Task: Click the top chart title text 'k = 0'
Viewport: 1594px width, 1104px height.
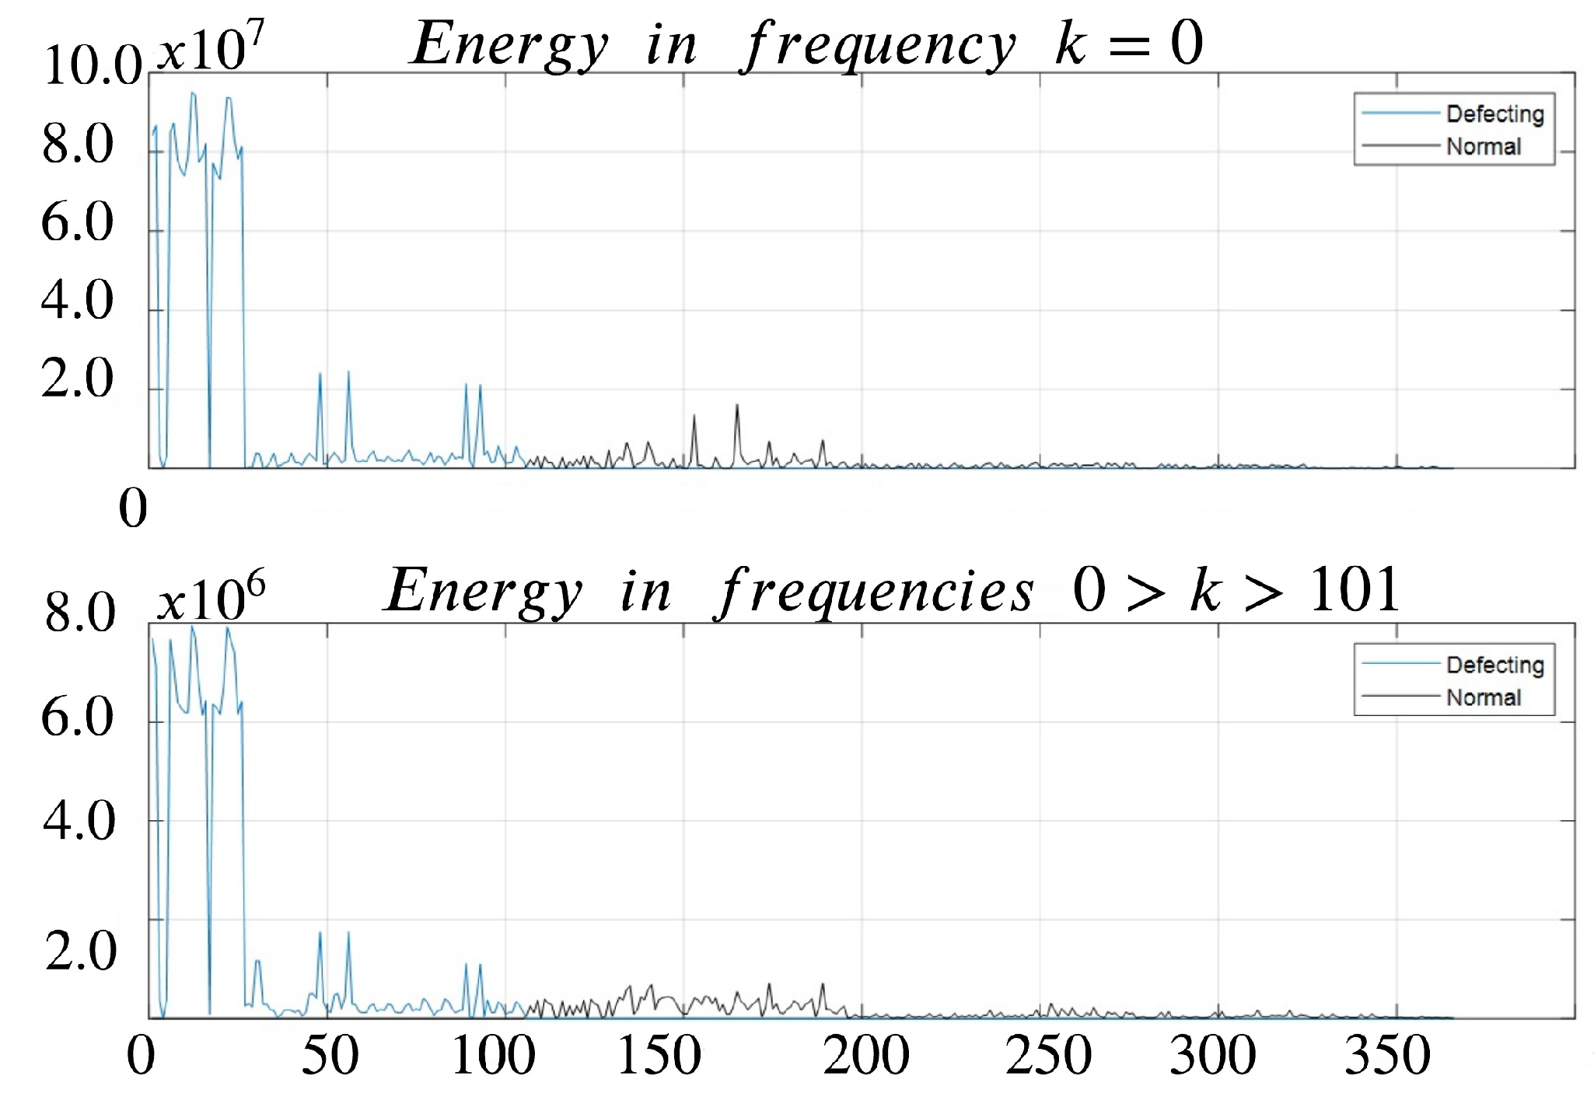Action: [1128, 44]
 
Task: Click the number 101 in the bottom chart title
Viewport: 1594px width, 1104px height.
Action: [1355, 590]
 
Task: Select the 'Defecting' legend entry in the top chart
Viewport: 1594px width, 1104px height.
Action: [1494, 114]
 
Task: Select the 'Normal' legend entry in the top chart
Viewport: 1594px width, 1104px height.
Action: [1483, 147]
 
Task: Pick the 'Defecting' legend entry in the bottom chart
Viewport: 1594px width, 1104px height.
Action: [1494, 666]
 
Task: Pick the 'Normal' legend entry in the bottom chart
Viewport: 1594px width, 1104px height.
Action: [1483, 698]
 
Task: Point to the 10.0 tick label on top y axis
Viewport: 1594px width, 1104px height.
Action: [93, 65]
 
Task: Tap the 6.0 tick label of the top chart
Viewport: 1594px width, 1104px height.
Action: [77, 222]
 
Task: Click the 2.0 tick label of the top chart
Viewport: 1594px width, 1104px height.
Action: [77, 379]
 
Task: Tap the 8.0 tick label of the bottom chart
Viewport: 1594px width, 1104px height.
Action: [79, 613]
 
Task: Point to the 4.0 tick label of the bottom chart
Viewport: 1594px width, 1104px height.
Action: [79, 821]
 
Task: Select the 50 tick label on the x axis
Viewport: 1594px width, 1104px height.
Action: [330, 1056]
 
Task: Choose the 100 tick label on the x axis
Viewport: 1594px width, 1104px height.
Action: [494, 1056]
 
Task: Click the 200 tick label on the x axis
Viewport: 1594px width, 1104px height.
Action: [865, 1056]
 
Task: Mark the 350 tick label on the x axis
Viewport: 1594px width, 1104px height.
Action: [1387, 1056]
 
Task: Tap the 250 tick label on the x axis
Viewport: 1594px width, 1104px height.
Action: [1048, 1056]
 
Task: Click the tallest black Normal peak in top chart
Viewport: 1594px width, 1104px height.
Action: [737, 407]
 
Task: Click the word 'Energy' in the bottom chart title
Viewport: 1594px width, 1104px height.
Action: [484, 591]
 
